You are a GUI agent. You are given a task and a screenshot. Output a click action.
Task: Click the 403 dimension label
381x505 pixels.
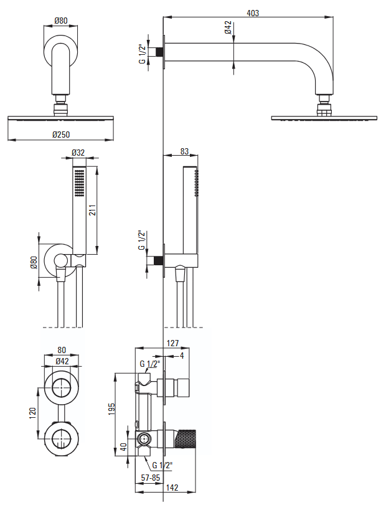click(x=253, y=13)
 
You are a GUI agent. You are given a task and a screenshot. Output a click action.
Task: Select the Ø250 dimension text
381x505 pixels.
click(x=61, y=135)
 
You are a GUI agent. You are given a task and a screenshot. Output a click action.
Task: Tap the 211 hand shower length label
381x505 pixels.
click(x=92, y=209)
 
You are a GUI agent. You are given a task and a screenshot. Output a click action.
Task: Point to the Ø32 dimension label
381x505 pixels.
click(x=78, y=153)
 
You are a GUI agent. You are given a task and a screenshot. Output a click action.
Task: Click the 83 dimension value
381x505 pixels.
click(x=184, y=151)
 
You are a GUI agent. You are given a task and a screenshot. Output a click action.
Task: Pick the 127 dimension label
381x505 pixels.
click(x=172, y=343)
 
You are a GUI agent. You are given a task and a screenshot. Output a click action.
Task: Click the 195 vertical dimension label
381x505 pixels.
click(x=111, y=408)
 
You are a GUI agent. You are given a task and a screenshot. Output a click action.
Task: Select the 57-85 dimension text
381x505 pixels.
click(x=151, y=478)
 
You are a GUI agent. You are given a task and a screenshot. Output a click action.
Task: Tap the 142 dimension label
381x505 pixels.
click(x=172, y=488)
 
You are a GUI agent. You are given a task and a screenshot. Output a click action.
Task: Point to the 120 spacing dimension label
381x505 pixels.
click(x=32, y=413)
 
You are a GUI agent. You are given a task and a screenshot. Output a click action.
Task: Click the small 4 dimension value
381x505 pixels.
click(x=182, y=356)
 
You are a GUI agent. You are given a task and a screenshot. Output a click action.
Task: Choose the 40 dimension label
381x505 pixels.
click(x=123, y=446)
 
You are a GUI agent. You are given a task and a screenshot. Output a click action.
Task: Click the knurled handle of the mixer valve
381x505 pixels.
click(x=185, y=438)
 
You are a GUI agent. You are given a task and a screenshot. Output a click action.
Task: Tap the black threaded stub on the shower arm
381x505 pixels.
click(x=159, y=52)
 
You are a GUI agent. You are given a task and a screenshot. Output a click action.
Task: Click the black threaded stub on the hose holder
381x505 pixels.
click(x=159, y=260)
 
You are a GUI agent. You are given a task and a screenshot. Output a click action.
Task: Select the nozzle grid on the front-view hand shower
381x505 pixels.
click(x=79, y=183)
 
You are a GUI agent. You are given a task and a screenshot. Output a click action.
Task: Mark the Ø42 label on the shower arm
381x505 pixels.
click(x=228, y=27)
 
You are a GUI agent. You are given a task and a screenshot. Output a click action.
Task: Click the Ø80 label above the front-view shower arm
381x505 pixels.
click(x=61, y=21)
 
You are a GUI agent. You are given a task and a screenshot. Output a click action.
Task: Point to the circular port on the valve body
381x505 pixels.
click(x=143, y=438)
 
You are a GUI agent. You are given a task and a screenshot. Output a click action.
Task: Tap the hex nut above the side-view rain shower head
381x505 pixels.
click(x=324, y=110)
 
